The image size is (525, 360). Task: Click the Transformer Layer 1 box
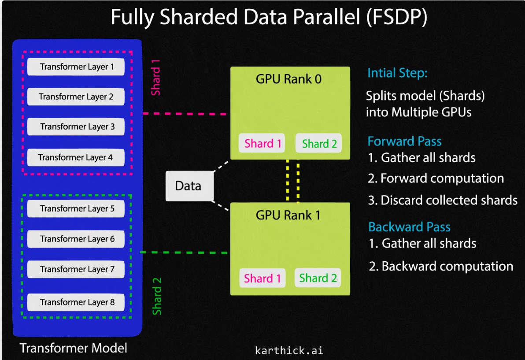76,67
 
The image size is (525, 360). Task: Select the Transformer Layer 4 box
76,157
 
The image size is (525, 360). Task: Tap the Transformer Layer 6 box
76,239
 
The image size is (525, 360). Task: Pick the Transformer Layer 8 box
76,302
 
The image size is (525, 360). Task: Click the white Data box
189,186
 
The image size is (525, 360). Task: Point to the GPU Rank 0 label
288,79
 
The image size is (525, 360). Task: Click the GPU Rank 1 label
288,215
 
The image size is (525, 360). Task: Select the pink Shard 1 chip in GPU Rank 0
262,143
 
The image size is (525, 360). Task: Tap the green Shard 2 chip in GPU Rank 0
319,143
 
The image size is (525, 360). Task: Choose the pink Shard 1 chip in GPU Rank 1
262,278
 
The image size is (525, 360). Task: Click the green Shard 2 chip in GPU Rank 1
318,278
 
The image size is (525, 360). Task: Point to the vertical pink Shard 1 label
155,78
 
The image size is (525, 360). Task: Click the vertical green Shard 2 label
157,297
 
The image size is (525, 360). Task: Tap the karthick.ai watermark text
289,351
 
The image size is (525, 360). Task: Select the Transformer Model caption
73,348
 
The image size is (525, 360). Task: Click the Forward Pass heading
404,141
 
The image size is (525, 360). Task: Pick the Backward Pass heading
409,227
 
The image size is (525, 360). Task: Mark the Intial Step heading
397,73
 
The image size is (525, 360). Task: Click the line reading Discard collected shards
443,200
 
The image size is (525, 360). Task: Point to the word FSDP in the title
397,17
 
